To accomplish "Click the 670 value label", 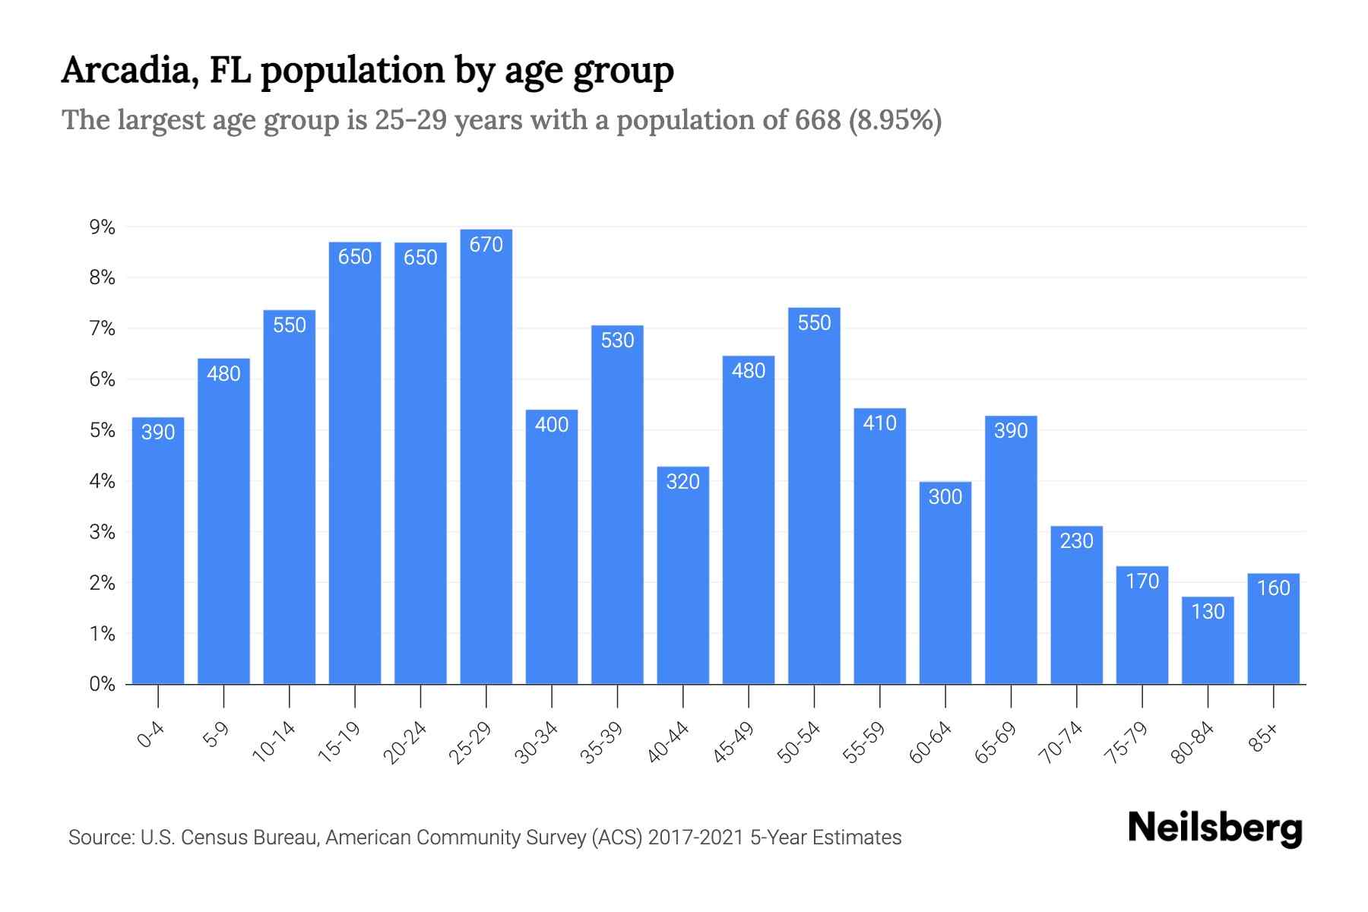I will pyautogui.click(x=486, y=245).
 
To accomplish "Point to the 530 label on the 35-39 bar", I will pyautogui.click(x=617, y=340).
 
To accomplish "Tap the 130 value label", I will pyautogui.click(x=1208, y=612).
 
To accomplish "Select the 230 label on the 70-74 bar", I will pyautogui.click(x=1076, y=541).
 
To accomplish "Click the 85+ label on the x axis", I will pyautogui.click(x=1264, y=739).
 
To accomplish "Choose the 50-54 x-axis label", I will pyautogui.click(x=799, y=743).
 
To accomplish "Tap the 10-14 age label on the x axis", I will pyautogui.click(x=274, y=743).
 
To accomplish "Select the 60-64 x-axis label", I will pyautogui.click(x=930, y=743).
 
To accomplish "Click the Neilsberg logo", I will pyautogui.click(x=1214, y=828).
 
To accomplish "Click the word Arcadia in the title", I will pyautogui.click(x=126, y=71).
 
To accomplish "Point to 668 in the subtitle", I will pyautogui.click(x=818, y=120).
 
